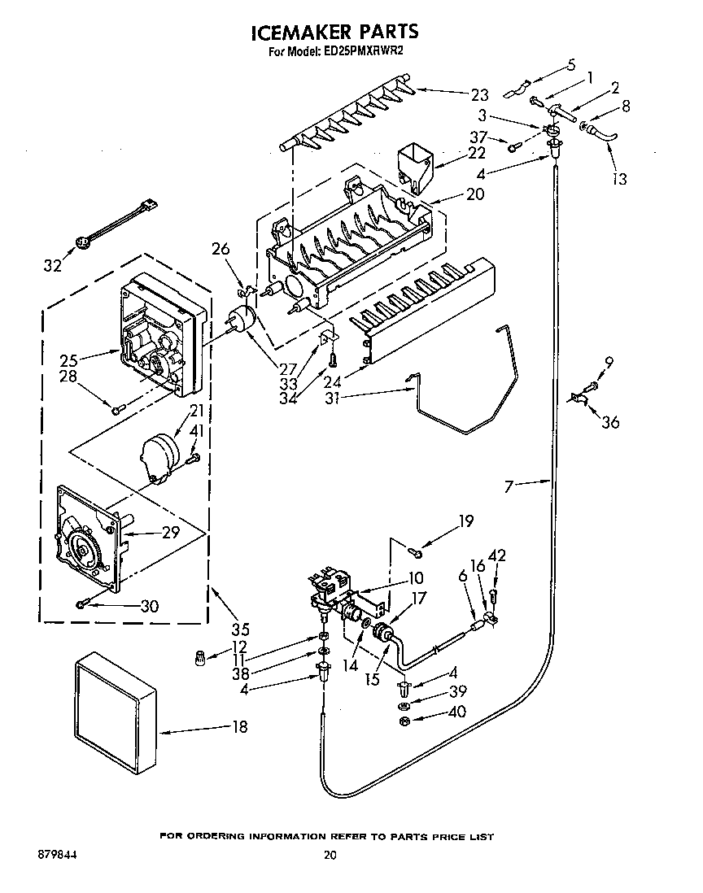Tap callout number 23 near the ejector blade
tap(479, 94)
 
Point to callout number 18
tap(239, 727)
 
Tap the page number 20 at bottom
tap(330, 855)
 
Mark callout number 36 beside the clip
tap(609, 421)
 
